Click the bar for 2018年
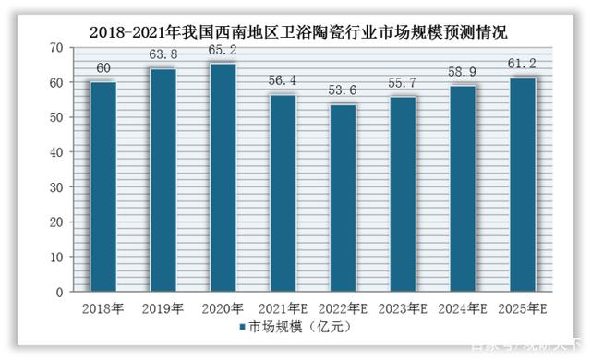103,187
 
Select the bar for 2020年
223,178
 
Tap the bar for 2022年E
342,198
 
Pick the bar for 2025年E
520,185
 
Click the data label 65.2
223,51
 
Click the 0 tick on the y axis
60,292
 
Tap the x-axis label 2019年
163,308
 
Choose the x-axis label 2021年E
283,308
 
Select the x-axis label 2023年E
402,308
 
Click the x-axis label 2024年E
461,308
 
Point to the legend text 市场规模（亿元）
294,328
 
